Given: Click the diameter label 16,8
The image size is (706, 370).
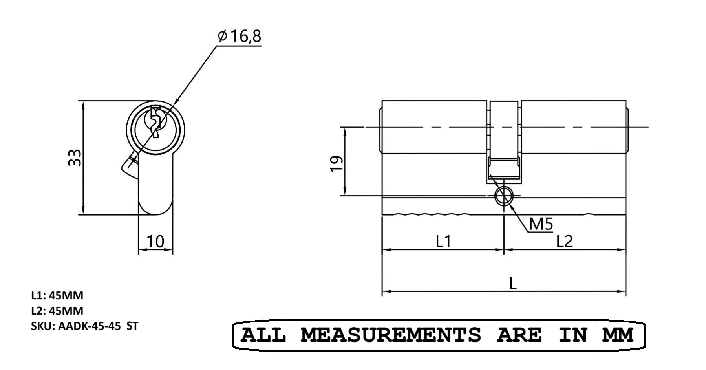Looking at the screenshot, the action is tap(245, 36).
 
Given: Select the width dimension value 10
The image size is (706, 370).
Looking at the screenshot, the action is tap(155, 242).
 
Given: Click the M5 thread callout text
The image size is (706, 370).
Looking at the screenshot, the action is tap(541, 224).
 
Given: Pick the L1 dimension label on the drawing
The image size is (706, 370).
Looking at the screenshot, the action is tap(443, 242).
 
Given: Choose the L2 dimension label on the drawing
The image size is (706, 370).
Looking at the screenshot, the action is tap(565, 242).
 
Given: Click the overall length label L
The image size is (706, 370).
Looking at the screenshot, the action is tap(513, 284).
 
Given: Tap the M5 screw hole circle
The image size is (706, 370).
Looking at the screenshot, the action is tap(504, 196).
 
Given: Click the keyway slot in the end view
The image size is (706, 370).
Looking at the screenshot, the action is tap(155, 123).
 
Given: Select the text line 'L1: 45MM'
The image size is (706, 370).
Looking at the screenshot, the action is tap(57, 295).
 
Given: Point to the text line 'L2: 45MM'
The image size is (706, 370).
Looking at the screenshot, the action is tap(57, 311).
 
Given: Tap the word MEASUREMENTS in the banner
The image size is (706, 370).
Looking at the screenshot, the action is tap(391, 335).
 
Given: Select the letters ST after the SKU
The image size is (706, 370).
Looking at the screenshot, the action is tap(132, 326).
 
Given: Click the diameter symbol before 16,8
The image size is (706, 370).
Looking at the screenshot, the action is tap(222, 37).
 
